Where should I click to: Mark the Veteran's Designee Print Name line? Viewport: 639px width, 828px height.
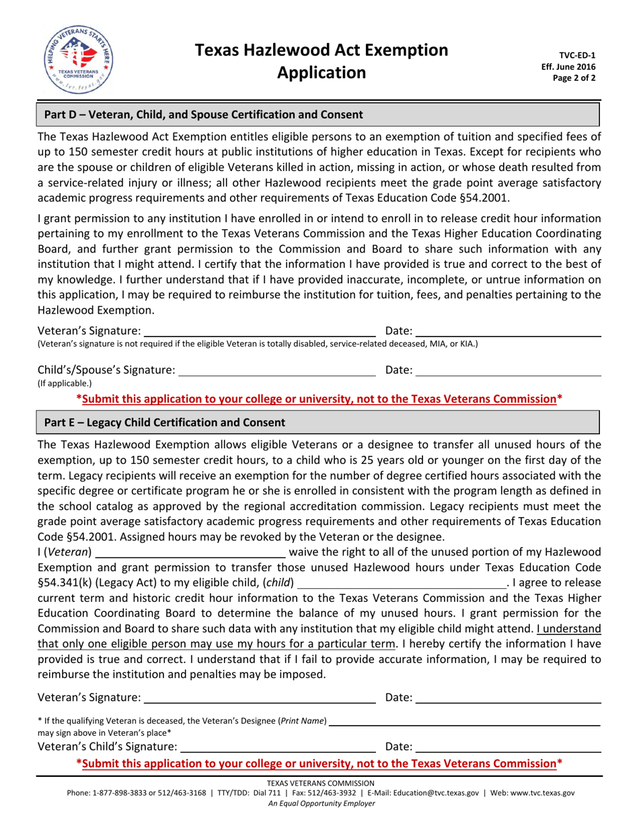(465, 722)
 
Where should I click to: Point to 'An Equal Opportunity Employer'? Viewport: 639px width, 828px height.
(320, 804)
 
